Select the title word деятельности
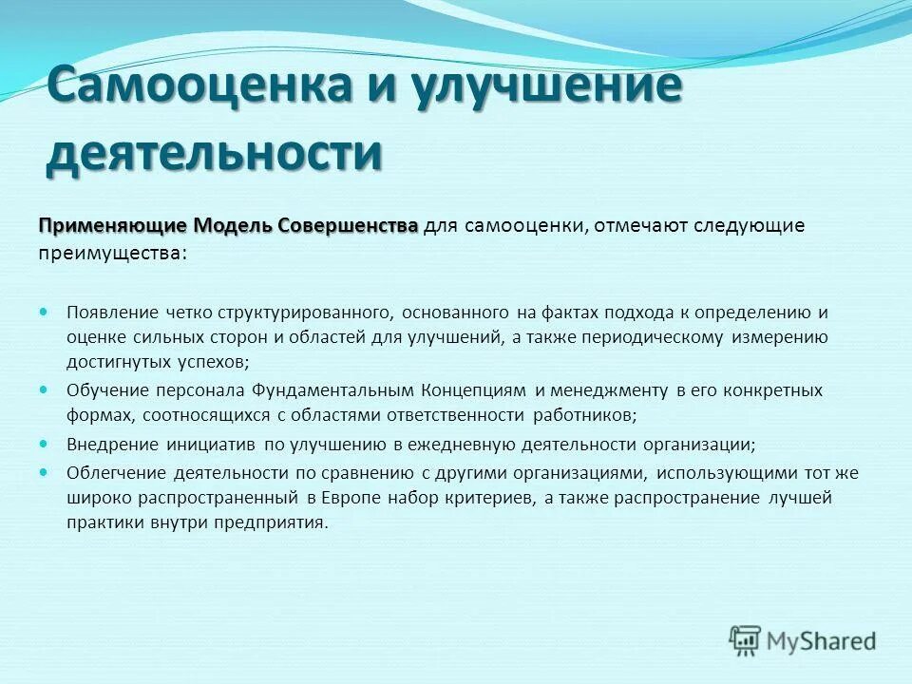click(214, 153)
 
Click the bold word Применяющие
click(113, 226)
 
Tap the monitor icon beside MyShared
click(746, 640)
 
